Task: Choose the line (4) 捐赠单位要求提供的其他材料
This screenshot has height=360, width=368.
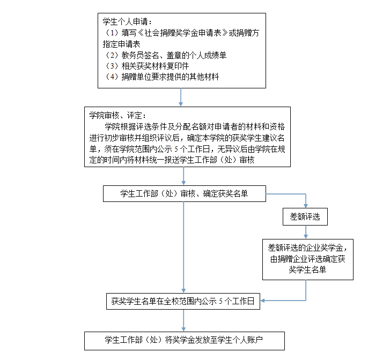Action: point(161,77)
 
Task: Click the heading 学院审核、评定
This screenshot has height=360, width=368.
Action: point(117,115)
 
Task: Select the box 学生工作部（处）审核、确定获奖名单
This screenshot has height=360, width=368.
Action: point(184,193)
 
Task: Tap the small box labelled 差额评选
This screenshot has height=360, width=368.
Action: point(305,217)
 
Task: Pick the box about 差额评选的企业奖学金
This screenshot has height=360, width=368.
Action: point(307,259)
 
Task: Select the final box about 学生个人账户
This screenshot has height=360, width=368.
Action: point(184,340)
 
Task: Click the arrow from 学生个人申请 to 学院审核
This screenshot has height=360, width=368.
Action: point(181,97)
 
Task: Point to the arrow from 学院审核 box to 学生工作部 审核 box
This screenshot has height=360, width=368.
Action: point(184,177)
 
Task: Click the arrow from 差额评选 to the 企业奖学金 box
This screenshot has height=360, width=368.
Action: point(306,232)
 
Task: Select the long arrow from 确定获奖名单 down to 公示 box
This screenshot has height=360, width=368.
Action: point(184,246)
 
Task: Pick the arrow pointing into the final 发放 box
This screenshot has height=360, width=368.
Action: point(184,321)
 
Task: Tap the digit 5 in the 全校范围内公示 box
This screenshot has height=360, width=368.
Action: point(220,301)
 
